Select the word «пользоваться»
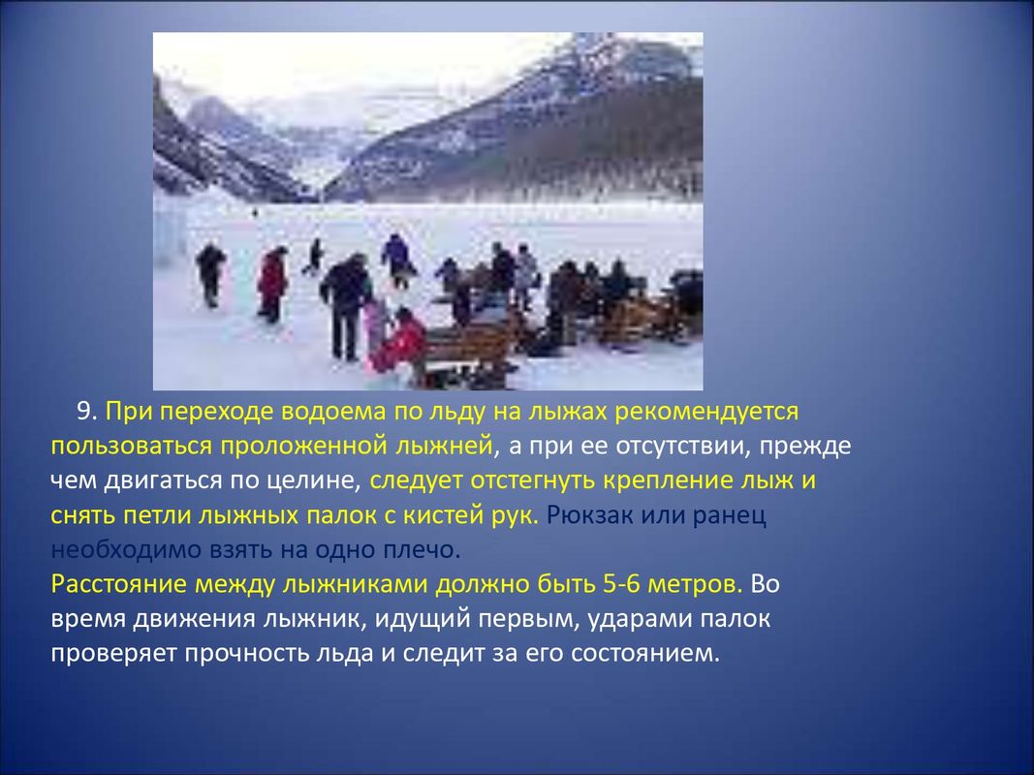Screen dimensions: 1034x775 click(131, 447)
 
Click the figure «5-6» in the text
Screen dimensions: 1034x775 click(621, 584)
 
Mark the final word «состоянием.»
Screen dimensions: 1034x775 click(645, 654)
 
